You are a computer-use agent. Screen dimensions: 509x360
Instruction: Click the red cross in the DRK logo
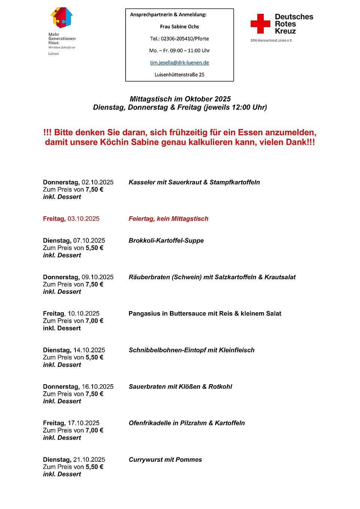260,24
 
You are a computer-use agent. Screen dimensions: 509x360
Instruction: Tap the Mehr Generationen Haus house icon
61,17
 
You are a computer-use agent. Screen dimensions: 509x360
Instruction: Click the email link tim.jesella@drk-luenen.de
179,63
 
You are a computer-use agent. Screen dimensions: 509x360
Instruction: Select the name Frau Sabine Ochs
179,27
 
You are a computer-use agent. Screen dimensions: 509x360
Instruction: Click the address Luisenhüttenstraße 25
179,75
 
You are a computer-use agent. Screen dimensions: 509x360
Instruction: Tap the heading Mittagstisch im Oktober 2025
180,99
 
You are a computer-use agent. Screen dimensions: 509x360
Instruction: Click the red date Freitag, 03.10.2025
71,219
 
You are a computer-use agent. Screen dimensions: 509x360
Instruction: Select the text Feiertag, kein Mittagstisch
168,219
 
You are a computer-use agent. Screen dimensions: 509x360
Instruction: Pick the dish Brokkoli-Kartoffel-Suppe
166,240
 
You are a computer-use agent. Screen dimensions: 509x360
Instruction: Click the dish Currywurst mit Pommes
165,460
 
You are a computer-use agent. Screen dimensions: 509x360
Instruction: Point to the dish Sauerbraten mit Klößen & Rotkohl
180,386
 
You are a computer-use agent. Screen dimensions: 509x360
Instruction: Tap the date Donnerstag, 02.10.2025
78,182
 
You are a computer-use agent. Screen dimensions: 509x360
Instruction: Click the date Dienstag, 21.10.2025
74,460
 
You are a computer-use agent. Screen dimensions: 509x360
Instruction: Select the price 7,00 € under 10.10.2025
94,321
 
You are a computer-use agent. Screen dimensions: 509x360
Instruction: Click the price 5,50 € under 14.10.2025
94,357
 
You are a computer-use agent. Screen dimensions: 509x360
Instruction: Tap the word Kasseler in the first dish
142,182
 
